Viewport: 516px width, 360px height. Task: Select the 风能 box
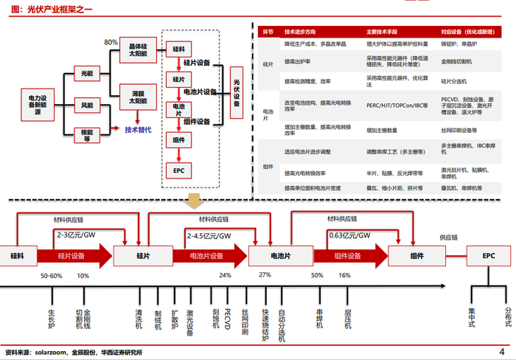[x=86, y=105]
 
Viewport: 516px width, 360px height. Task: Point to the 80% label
[x=111, y=42]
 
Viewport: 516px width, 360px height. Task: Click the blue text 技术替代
[x=138, y=130]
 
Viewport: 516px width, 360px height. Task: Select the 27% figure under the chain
[x=265, y=274]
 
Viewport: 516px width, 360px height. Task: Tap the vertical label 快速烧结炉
[x=265, y=324]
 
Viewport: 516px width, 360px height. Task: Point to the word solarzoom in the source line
[x=53, y=353]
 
